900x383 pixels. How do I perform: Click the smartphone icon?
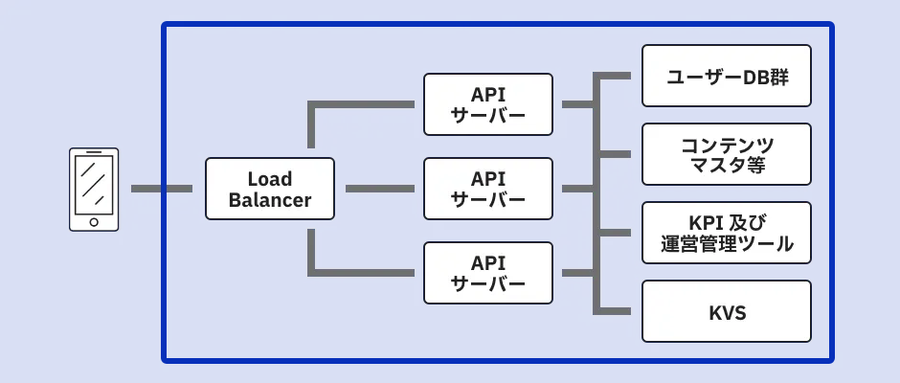94,189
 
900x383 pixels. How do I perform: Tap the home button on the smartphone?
94,222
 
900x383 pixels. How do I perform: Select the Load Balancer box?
270,189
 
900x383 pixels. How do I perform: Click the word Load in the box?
270,179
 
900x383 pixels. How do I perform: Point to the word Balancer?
270,200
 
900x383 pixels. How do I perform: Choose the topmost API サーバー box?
488,104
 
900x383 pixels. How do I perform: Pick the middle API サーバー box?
488,189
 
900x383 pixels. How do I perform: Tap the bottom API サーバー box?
488,273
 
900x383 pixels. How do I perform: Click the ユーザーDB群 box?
727,76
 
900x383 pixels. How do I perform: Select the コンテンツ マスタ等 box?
727,154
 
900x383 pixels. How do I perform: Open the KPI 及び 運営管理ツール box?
727,233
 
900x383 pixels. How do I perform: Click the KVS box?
727,311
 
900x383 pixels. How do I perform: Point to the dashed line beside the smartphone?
161,189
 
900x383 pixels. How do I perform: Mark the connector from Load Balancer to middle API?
379,189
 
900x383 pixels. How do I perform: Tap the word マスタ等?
727,166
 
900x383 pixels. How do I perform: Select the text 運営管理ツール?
727,244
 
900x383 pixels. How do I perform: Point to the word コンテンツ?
727,144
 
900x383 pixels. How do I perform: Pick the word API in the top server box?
488,94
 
